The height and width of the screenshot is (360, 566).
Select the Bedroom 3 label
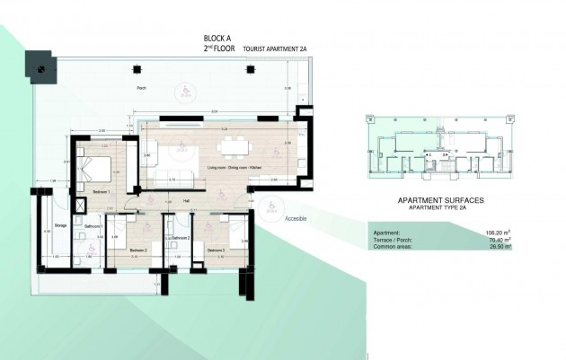pos(216,250)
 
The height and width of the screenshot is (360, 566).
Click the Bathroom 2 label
pos(183,238)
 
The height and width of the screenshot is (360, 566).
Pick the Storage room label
pos(61,225)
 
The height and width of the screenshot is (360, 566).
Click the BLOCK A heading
pos(219,38)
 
